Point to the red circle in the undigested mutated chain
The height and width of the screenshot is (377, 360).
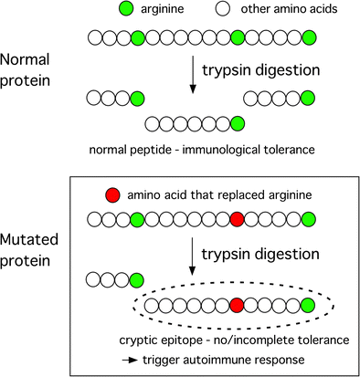pyautogui.click(x=237, y=219)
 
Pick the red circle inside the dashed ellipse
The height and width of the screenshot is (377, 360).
pyautogui.click(x=237, y=305)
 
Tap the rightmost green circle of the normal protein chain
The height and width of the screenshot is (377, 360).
pyautogui.click(x=309, y=37)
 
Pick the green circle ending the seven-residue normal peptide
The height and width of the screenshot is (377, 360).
pyautogui.click(x=237, y=123)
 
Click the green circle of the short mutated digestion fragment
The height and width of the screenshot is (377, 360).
pyautogui.click(x=135, y=279)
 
